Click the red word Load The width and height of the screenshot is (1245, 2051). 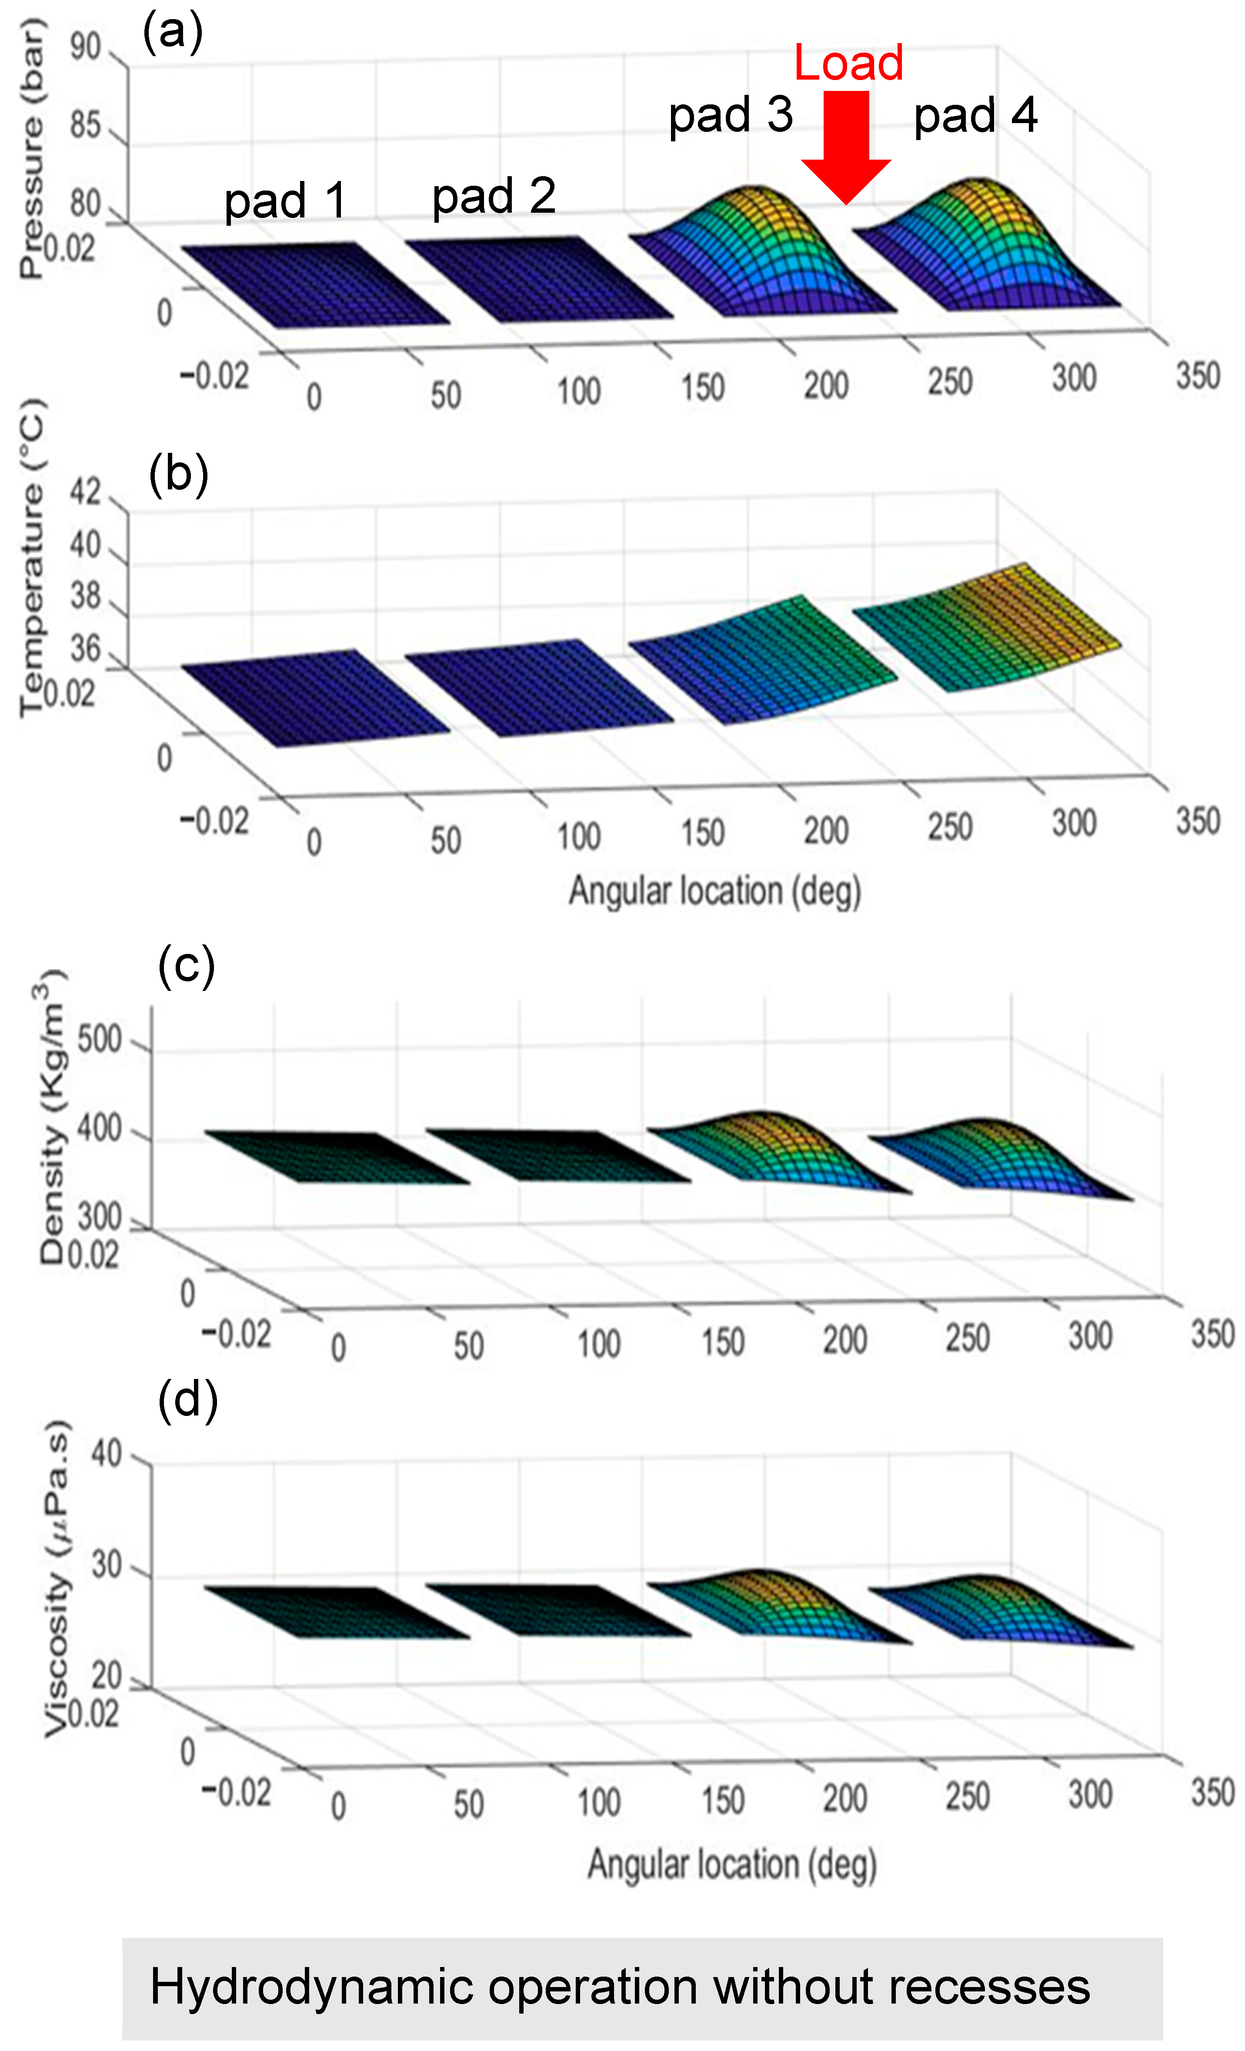(x=848, y=63)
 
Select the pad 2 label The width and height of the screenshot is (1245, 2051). (x=494, y=197)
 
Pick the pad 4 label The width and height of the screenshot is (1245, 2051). (x=975, y=116)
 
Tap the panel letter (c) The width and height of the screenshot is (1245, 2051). (x=187, y=967)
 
